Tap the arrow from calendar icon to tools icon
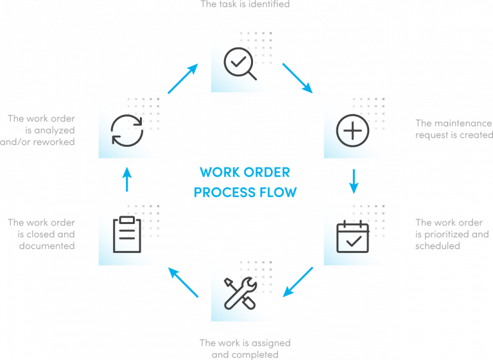pos(298,282)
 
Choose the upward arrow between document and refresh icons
pos(127,180)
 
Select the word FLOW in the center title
pos(280,192)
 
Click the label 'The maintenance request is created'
pos(453,129)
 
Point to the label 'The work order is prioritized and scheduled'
pos(453,234)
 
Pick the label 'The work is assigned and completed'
pos(246,347)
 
